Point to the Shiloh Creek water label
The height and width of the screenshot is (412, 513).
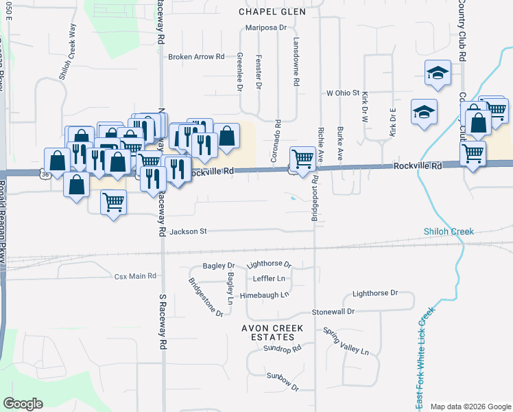(449, 231)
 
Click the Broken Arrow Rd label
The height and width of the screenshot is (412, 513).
(196, 57)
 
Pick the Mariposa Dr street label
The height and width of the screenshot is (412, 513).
(266, 27)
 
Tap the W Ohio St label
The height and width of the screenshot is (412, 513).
(343, 93)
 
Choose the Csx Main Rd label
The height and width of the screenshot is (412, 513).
(135, 276)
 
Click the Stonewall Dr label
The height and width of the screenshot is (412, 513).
(333, 311)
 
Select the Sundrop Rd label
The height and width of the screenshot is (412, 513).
(283, 349)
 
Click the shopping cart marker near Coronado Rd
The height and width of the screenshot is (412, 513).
(302, 159)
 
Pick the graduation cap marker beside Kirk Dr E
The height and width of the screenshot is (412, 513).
(424, 111)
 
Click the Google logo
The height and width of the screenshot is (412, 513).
(23, 404)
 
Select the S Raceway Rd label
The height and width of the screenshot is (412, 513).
(163, 323)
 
